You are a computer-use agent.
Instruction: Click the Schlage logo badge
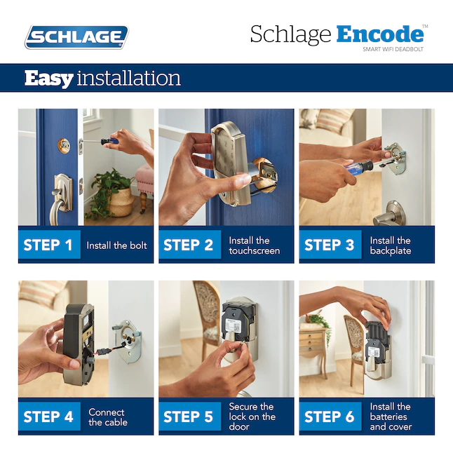point(76,36)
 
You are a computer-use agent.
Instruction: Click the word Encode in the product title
point(379,34)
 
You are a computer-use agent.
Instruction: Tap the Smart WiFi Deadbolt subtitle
point(393,50)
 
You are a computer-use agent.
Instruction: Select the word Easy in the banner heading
point(48,78)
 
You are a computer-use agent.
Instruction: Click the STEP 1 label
point(48,245)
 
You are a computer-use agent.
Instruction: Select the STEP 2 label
point(188,245)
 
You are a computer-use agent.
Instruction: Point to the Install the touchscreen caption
point(254,245)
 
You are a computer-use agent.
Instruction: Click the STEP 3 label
point(330,245)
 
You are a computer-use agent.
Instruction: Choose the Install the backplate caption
point(391,245)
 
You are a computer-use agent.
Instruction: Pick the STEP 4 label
point(48,417)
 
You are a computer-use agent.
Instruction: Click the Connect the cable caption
point(107,417)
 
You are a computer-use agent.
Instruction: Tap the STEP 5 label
point(188,417)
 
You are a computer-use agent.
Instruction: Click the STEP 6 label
point(330,417)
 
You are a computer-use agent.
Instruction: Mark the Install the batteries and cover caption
point(391,417)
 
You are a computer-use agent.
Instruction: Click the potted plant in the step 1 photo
point(109,193)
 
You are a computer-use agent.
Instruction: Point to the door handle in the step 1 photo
point(61,193)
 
